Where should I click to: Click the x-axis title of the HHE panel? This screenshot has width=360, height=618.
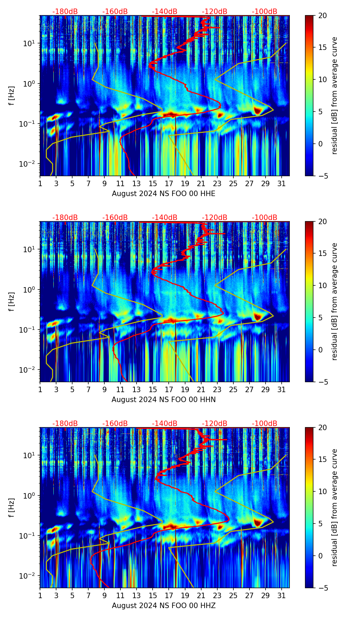tap(164, 194)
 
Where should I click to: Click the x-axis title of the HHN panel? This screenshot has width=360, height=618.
tap(164, 400)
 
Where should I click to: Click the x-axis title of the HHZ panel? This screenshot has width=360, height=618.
tap(164, 606)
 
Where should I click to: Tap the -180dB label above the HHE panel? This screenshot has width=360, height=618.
tap(65, 12)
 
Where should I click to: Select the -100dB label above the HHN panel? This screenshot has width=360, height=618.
tap(265, 218)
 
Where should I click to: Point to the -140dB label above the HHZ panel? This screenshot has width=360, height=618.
tap(165, 424)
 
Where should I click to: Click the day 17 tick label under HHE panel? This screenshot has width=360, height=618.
tap(169, 183)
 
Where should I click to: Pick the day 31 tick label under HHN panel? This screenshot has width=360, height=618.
tap(281, 389)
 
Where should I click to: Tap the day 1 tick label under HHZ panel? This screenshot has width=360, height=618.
tap(40, 595)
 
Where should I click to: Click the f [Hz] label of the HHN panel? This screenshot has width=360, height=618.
tap(12, 301)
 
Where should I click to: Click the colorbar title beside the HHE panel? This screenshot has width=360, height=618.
tap(335, 95)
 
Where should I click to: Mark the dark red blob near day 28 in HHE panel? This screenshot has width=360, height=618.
tap(258, 111)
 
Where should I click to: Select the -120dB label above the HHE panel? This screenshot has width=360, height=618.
tap(215, 12)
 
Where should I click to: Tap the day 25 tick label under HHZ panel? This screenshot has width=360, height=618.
tap(233, 595)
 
